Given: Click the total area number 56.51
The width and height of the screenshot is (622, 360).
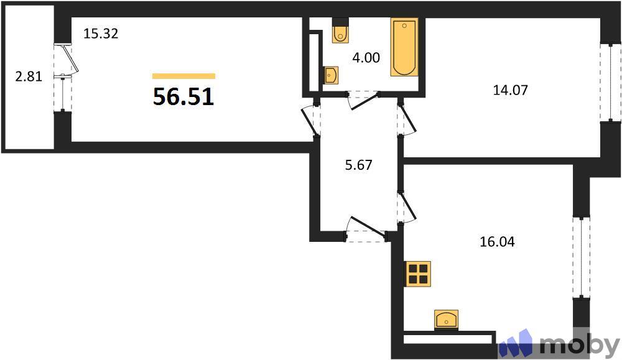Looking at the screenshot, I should click(183, 97).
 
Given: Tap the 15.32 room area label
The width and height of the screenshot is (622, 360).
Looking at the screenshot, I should click(101, 34).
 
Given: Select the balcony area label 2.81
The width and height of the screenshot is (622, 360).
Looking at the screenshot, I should click(29, 78).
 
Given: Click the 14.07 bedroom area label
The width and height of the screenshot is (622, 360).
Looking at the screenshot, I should click(510, 90).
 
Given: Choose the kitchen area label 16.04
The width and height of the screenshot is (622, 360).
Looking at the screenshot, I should click(498, 242).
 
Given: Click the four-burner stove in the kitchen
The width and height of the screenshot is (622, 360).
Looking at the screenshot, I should click(418, 274).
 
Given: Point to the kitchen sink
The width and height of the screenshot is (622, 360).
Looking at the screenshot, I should click(446, 319).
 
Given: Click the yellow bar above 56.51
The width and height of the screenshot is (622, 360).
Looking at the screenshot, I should click(183, 76).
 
